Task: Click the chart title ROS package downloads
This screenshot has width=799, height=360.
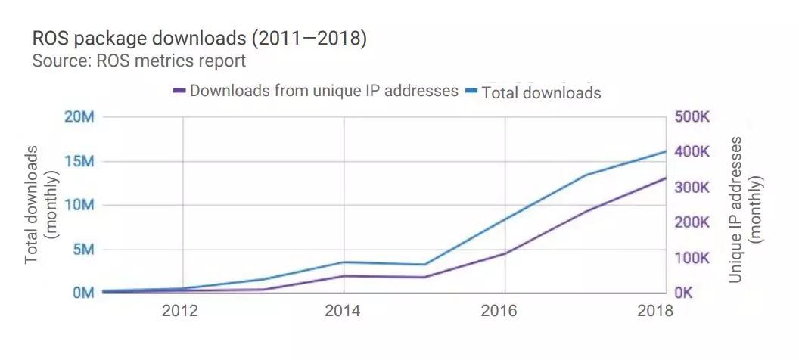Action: pos(199,39)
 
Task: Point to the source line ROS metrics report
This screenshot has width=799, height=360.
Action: pos(138,61)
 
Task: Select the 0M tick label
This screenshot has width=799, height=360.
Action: pos(79,293)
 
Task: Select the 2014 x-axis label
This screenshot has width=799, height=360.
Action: pos(343,312)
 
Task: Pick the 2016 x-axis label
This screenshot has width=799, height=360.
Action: pos(504,312)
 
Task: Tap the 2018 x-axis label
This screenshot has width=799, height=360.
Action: pos(654,312)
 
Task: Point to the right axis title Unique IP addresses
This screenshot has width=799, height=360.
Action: pos(744,209)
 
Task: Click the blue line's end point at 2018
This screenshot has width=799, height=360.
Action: pos(665,151)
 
